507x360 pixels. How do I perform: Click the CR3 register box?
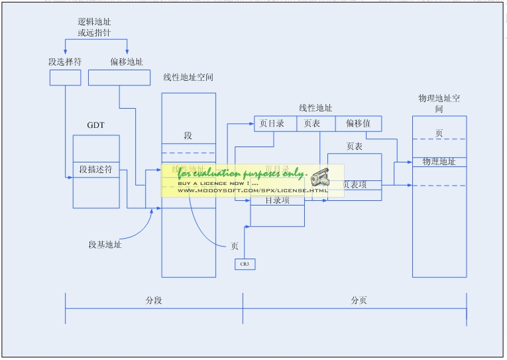[x=245, y=264]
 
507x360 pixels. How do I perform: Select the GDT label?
[x=95, y=125]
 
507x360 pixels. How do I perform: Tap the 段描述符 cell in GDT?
[x=96, y=169]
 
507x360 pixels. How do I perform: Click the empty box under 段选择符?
[x=65, y=78]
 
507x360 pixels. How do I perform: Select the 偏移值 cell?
[x=358, y=123]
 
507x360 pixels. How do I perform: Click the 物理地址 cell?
[x=439, y=162]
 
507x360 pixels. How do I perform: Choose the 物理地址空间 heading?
[x=439, y=103]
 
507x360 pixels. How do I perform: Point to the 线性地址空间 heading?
[x=189, y=78]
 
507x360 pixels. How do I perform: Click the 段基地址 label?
[x=105, y=245]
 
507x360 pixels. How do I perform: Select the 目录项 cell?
[x=277, y=200]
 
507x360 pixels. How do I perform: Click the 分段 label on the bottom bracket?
[x=154, y=300]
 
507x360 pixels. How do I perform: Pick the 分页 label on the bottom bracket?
[x=359, y=300]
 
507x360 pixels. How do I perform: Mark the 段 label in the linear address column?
[x=188, y=135]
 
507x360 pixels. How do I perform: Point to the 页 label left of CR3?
[x=235, y=246]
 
